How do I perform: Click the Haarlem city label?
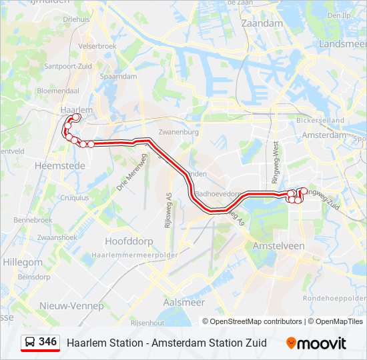click(x=75, y=109)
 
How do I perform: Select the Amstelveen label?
click(x=279, y=246)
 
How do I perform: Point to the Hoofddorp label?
click(x=125, y=241)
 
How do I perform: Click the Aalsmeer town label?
click(x=184, y=302)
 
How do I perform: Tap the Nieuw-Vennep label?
click(x=72, y=306)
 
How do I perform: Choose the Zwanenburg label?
click(x=179, y=132)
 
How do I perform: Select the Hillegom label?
click(x=23, y=263)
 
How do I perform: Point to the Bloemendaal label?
click(x=58, y=90)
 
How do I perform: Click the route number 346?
click(x=47, y=342)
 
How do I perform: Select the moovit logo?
click(x=316, y=343)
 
